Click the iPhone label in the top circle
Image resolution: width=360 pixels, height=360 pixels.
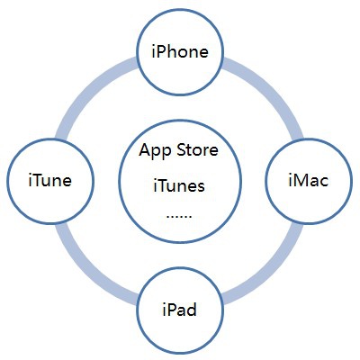180,51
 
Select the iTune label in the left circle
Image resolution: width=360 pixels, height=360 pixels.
50,180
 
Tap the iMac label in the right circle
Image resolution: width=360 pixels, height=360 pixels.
309,180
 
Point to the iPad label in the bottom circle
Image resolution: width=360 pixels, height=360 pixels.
180,310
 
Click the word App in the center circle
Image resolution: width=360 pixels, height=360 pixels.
156,151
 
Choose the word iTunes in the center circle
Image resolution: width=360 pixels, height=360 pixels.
179,185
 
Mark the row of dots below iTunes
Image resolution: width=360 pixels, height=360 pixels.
179,216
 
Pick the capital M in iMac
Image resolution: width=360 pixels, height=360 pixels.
301,180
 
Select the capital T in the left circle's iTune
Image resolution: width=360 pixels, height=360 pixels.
39,180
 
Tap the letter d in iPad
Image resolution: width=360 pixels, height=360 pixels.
191,310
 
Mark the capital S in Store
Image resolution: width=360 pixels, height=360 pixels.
182,150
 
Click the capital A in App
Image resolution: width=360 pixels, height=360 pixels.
145,149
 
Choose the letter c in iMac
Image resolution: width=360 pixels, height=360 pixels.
324,183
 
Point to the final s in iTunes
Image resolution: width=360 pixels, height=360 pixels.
201,187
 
